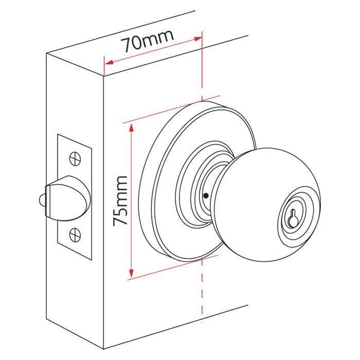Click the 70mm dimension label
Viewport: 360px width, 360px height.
[x=148, y=42]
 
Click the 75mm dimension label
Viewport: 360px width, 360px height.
[x=120, y=201]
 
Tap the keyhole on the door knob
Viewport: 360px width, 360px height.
[x=293, y=218]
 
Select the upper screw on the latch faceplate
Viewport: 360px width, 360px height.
[x=75, y=156]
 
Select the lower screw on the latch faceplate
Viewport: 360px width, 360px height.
[x=75, y=236]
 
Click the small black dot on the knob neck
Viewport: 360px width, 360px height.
[x=205, y=195]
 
